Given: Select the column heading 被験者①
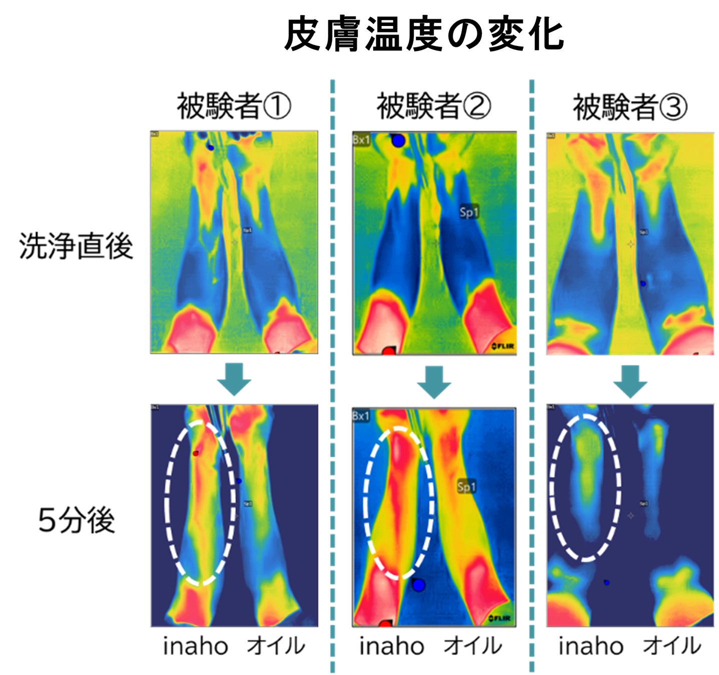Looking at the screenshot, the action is pos(234,106).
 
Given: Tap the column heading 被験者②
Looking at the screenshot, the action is pos(433,106).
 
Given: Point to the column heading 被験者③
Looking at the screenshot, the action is pos(630,107).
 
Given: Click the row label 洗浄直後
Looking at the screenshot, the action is pos(76,246).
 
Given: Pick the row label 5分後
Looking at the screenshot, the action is pos(77,520).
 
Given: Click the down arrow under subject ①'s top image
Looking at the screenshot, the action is pos(234,379).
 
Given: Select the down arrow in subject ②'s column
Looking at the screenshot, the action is pos(434,381).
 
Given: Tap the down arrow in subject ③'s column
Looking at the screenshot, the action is pos(630,381).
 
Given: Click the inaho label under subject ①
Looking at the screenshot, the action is pos(196,646).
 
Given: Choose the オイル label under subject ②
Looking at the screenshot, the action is pos(472,645).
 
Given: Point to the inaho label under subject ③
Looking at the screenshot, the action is pos(591,646).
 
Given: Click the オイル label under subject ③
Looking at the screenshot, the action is pos(671,645).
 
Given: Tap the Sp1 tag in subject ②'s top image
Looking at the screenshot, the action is pos(469,212).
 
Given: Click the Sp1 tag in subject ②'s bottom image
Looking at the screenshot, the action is pos(466,486).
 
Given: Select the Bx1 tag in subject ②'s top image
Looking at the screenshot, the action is pos(361,140).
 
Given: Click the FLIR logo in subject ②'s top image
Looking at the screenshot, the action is pos(502,346).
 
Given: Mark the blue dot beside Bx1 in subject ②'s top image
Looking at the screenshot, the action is pos(398,141).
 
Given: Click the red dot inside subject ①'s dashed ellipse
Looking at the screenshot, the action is pos(196,453).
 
